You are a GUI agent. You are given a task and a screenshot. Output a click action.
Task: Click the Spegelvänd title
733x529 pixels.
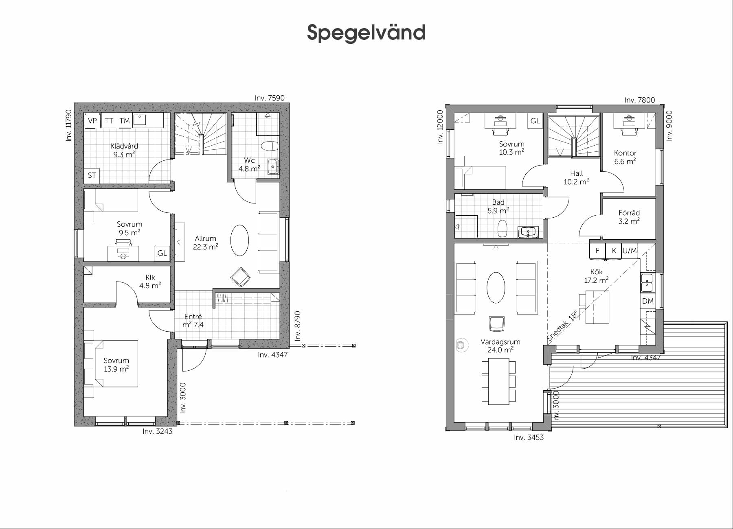[x=366, y=33]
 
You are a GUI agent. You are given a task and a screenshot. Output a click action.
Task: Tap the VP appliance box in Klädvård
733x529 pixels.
[x=92, y=121]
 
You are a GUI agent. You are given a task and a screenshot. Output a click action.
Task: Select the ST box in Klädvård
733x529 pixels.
[x=92, y=175]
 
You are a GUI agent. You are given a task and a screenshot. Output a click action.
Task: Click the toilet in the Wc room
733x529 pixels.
[x=269, y=146]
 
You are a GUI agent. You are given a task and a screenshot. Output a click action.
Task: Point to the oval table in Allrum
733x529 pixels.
[x=239, y=240]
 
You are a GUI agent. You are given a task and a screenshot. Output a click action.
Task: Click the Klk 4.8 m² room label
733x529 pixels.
[x=150, y=282]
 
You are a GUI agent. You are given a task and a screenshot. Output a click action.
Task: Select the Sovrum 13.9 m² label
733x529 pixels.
[x=116, y=365]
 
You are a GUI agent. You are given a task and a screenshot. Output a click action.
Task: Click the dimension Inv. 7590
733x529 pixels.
[x=270, y=98]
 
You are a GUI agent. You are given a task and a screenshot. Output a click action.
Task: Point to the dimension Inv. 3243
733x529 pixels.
[x=158, y=431]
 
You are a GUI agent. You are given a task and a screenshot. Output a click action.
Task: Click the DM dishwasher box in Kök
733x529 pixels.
[x=647, y=301]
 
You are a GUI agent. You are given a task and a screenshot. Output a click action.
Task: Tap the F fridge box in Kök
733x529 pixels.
[x=597, y=251]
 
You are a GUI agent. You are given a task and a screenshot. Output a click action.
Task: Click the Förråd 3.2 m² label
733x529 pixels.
[x=629, y=217]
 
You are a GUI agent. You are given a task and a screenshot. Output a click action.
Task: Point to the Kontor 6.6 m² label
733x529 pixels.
[x=625, y=157]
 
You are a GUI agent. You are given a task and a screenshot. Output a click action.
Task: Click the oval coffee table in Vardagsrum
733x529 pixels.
[x=496, y=287]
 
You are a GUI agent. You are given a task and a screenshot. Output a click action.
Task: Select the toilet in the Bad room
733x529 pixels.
[x=503, y=229]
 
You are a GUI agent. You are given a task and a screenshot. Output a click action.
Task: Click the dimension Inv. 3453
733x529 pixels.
[x=529, y=437]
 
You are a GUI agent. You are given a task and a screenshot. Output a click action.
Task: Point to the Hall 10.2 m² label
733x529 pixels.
[x=576, y=178]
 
